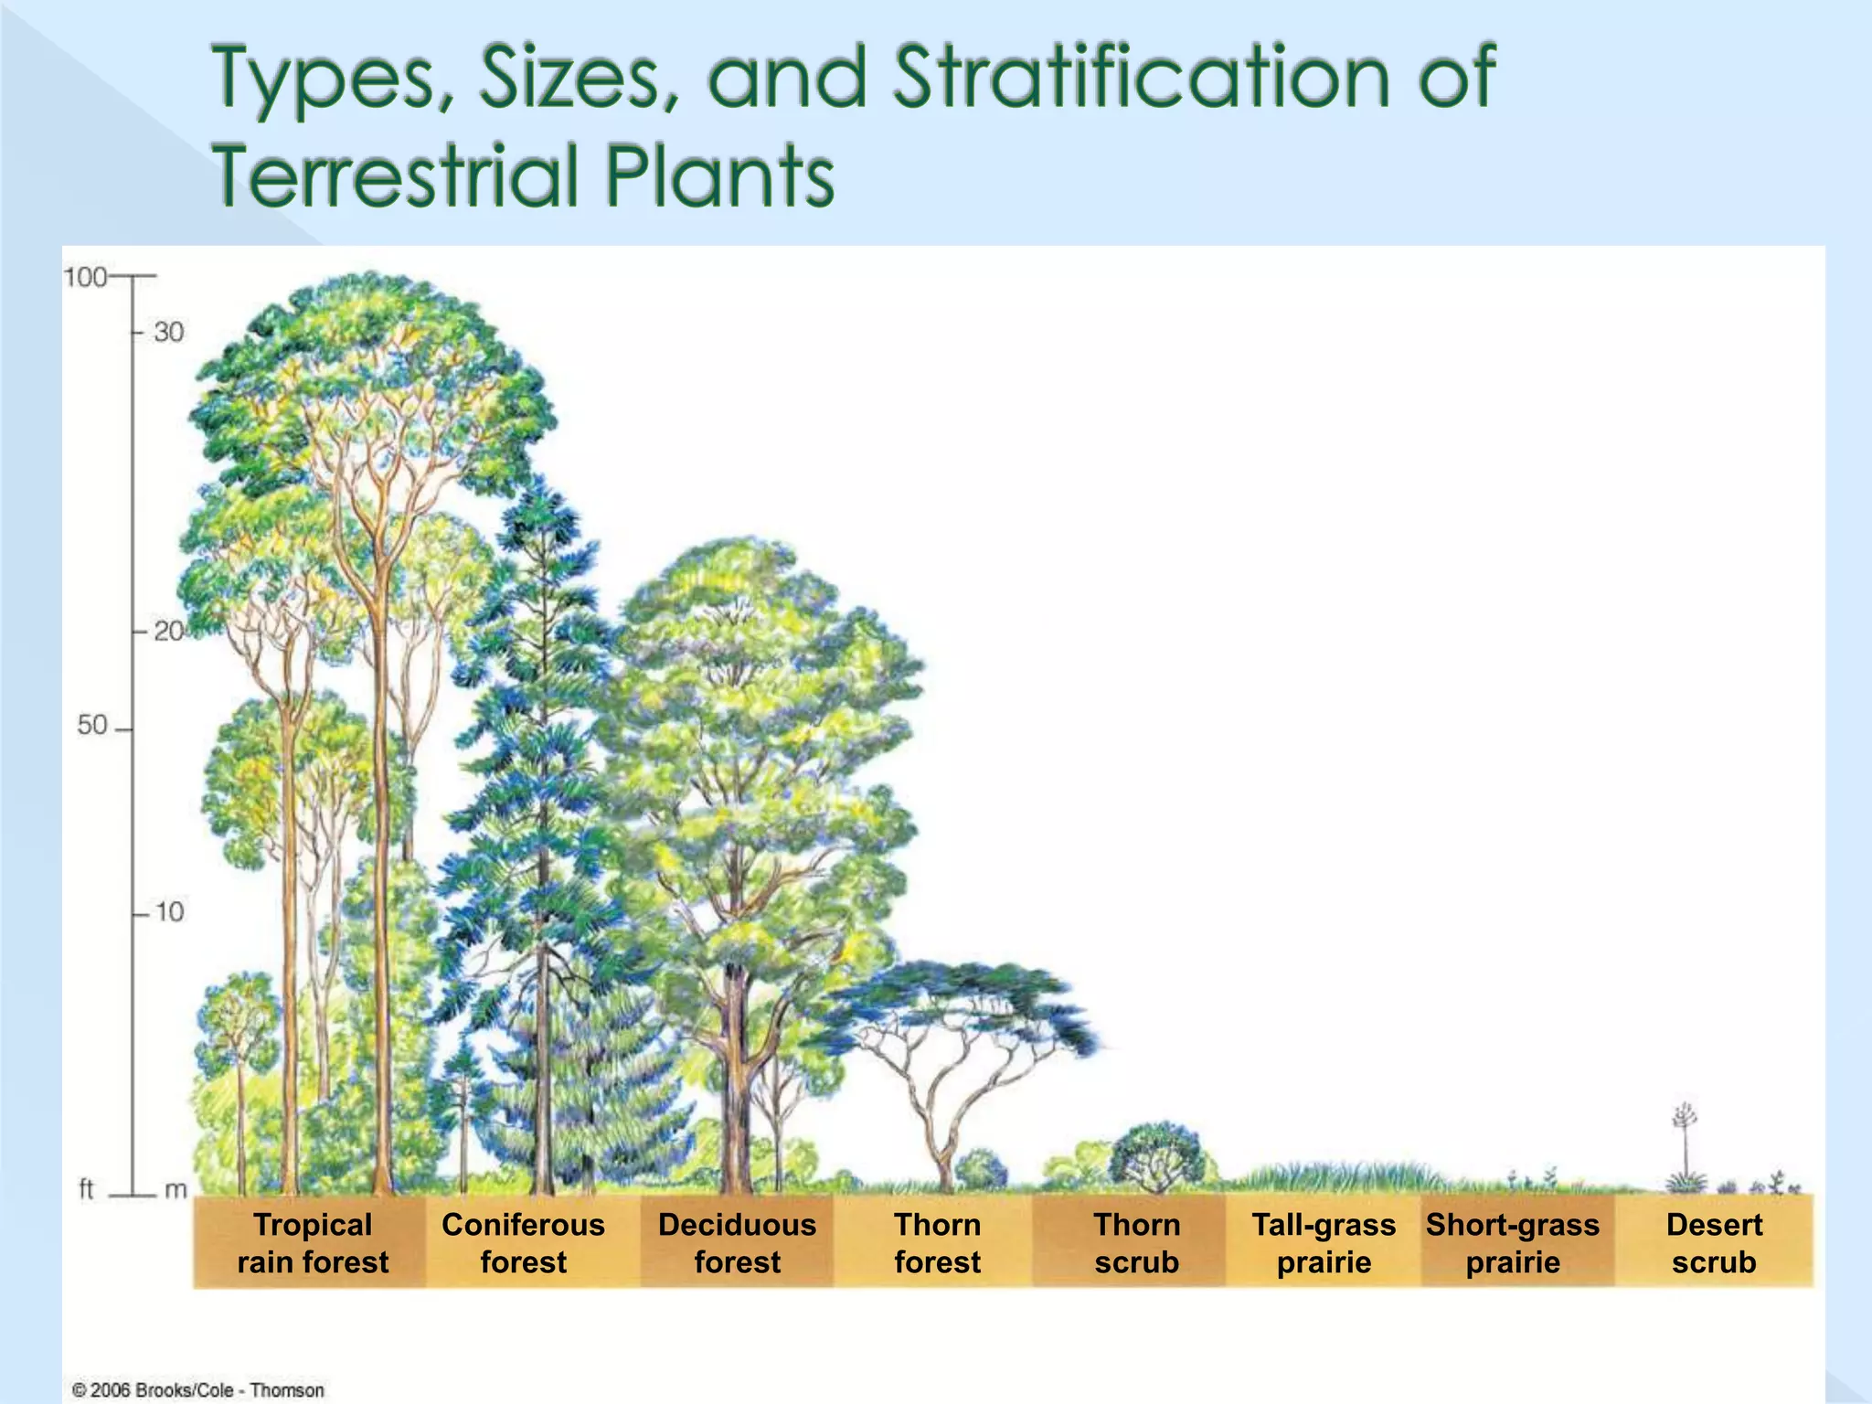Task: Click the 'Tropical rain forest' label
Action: click(313, 1243)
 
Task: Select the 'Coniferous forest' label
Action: click(523, 1243)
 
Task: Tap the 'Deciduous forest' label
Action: click(737, 1243)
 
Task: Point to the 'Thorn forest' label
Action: click(937, 1243)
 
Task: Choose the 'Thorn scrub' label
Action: click(1137, 1243)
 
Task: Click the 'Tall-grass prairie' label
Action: click(1324, 1243)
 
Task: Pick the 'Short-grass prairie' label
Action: click(1513, 1243)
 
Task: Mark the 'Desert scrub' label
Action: click(1714, 1243)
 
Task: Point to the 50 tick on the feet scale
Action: click(92, 726)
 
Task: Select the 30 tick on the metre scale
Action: click(168, 332)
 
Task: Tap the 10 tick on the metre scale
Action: click(168, 912)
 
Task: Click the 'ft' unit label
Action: click(87, 1189)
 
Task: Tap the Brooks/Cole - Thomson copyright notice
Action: click(198, 1390)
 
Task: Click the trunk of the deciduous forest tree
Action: click(734, 1079)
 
